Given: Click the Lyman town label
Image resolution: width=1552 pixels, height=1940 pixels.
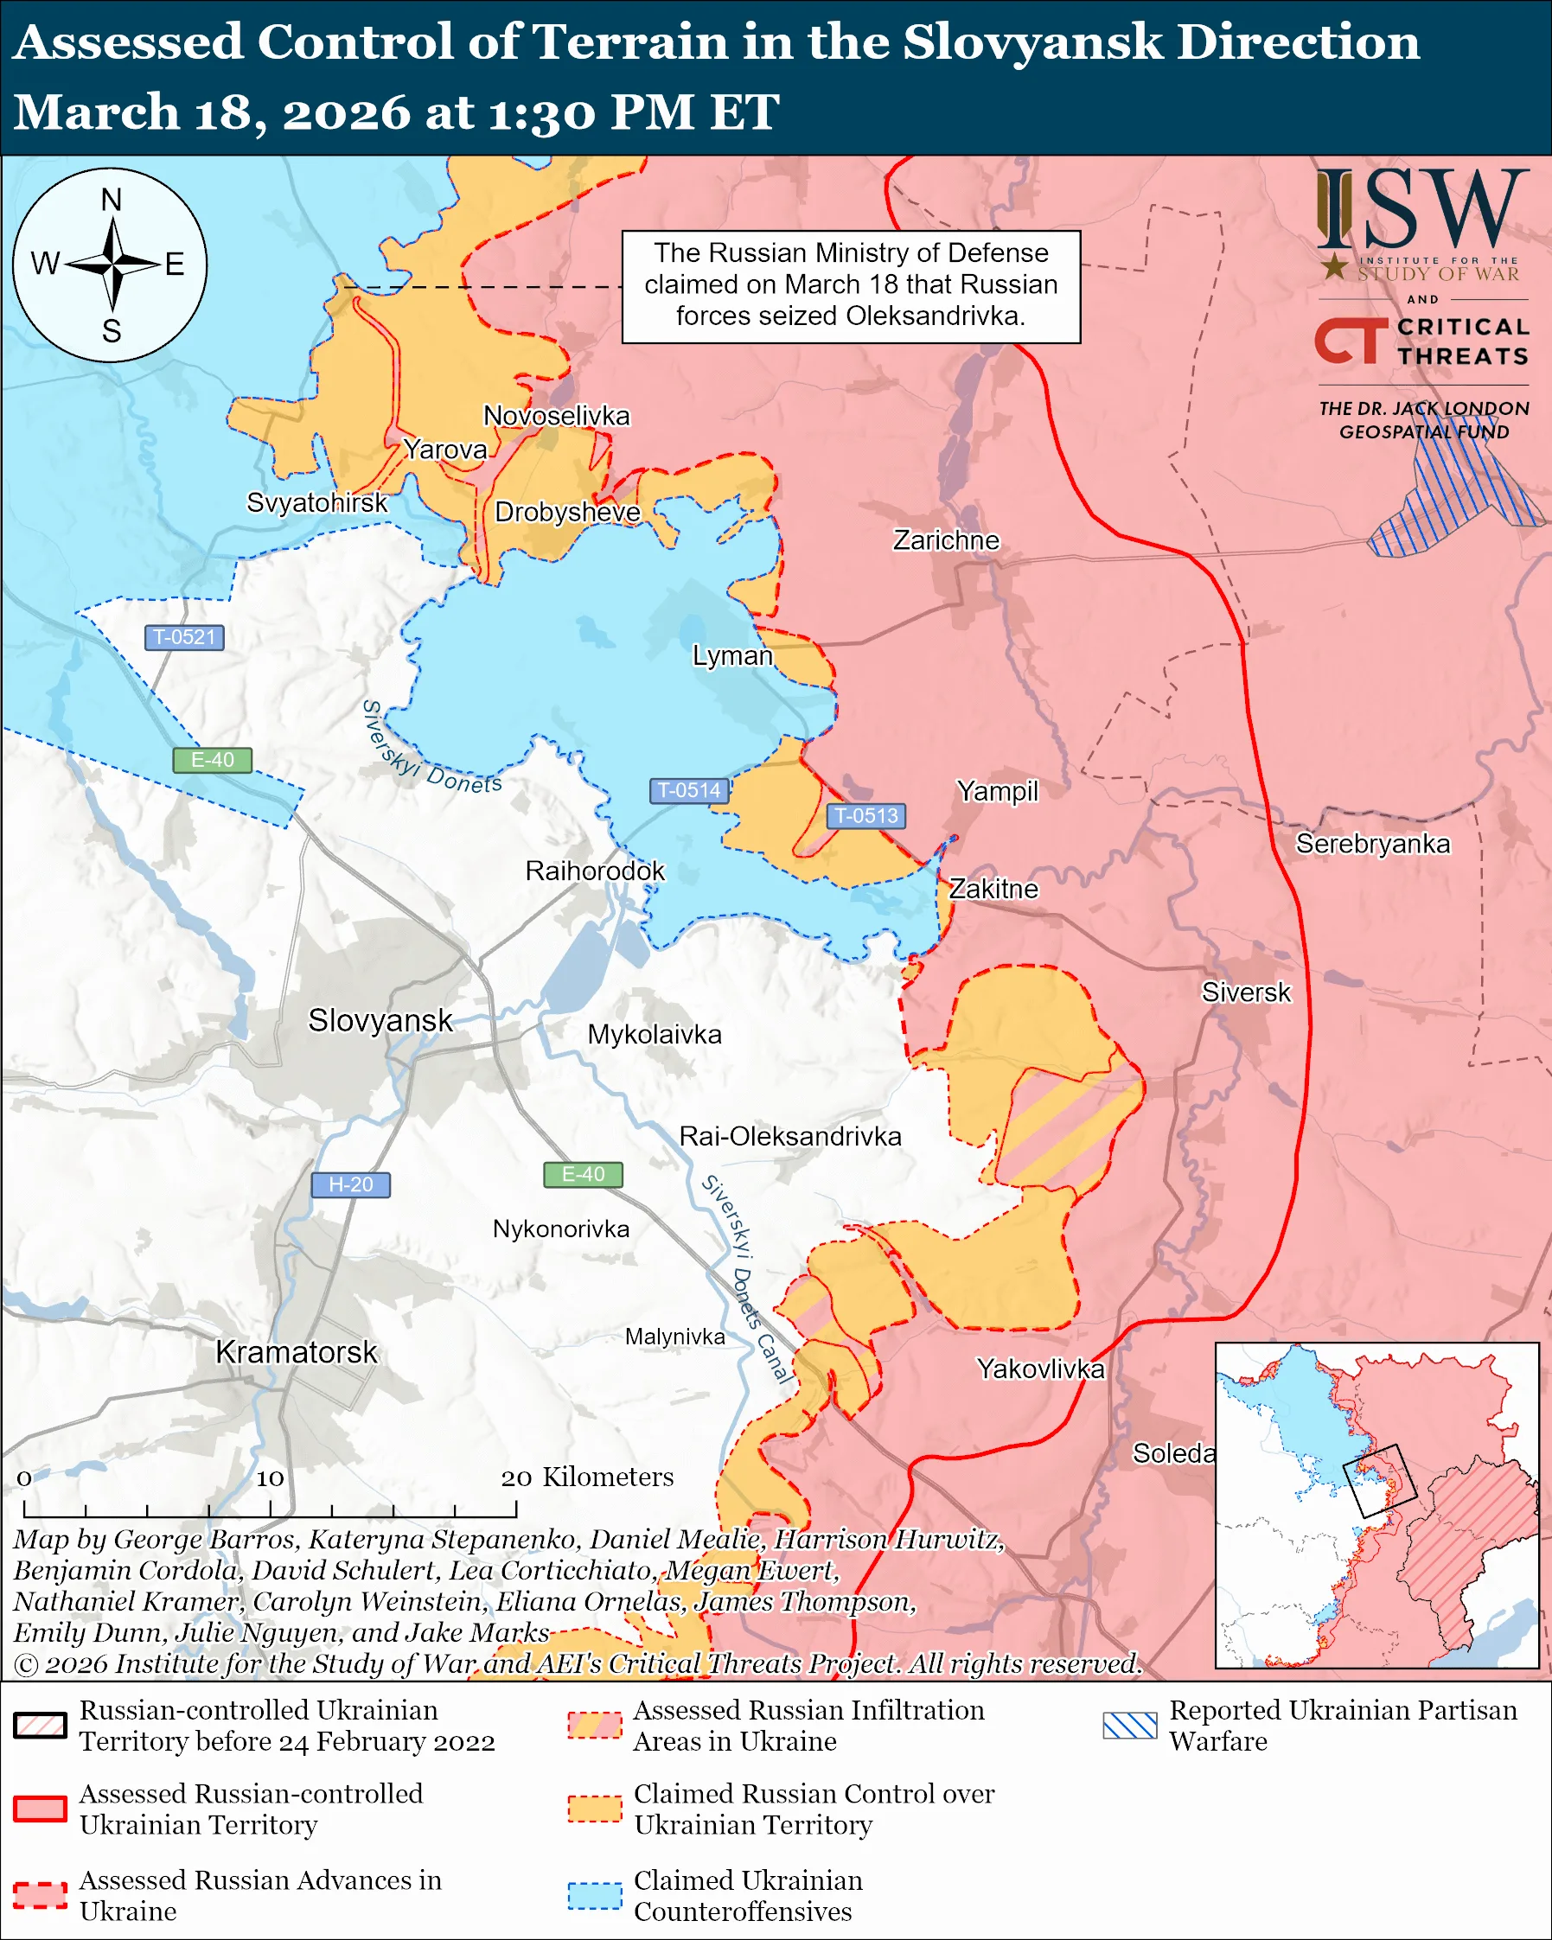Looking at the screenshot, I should pos(732,655).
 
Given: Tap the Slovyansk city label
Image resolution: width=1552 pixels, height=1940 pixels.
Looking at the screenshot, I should pos(380,1020).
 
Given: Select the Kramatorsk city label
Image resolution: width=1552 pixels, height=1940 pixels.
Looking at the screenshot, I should pos(296,1351).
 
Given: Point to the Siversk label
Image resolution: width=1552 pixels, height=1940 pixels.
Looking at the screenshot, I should pos(1246,992).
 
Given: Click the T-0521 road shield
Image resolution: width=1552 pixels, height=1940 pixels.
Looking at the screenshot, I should pos(183,637).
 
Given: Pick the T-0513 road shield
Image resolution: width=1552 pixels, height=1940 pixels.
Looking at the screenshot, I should pos(865,815).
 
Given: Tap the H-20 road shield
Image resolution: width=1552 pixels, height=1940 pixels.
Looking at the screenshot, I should pos(350,1184).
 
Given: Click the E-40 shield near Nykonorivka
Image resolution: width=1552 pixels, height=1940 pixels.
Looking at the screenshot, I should pos(583,1174).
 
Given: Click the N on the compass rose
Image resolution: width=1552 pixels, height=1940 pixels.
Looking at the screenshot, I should pos(112,200).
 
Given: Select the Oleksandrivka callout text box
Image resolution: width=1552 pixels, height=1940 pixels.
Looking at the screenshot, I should pos(850,285).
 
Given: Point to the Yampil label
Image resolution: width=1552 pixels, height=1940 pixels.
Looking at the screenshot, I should pos(997,791).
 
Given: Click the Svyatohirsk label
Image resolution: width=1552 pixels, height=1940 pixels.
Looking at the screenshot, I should pos(316,502).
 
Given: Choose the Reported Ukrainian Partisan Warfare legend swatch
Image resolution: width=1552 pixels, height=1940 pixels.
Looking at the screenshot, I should pos(1130,1725).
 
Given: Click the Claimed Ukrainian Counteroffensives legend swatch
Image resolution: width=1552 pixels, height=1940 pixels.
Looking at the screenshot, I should pos(594,1895).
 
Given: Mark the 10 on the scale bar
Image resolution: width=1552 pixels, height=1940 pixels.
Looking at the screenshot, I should pos(270,1478).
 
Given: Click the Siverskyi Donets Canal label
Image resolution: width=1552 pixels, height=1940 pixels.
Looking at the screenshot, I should pos(747,1279).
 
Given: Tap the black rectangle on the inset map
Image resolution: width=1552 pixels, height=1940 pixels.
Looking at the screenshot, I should pos(1379,1481).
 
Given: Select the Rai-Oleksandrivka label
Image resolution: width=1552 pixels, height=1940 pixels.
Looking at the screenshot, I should pos(790,1137).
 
